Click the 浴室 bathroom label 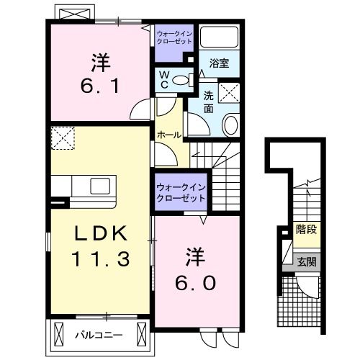coord(219,64)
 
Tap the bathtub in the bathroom coord(220,38)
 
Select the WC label coord(164,79)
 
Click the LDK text coord(102,233)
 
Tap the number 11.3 coord(102,257)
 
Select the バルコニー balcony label coord(99,334)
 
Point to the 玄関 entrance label coord(306,261)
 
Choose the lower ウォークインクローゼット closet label coord(181,192)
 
